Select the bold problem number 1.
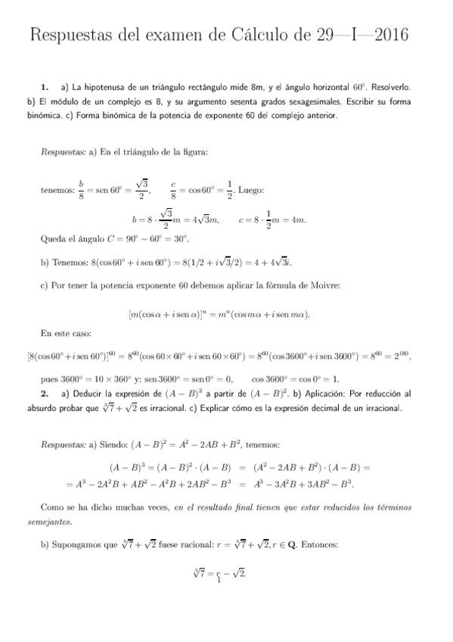45,87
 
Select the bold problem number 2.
45,394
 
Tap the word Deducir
88,394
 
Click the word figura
193,151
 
